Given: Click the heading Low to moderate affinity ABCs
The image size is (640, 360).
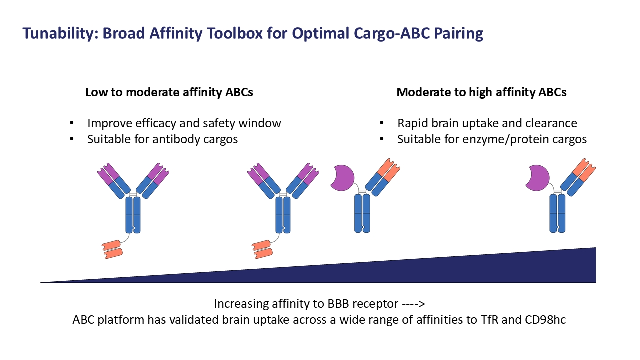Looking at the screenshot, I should (169, 92).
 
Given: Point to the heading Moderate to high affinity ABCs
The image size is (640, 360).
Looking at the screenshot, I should (481, 92).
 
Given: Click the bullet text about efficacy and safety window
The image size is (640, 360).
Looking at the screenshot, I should (184, 123).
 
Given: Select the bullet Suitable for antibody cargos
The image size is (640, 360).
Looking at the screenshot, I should (162, 139).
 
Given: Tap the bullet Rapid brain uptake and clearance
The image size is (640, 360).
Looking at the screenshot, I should (487, 123).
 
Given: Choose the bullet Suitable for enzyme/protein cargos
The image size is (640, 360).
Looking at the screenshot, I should (492, 139).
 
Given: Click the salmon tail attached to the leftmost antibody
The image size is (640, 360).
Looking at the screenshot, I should (112, 249).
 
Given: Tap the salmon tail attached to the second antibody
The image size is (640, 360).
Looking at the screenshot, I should (262, 249).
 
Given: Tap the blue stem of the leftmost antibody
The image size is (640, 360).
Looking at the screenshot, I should (133, 215).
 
